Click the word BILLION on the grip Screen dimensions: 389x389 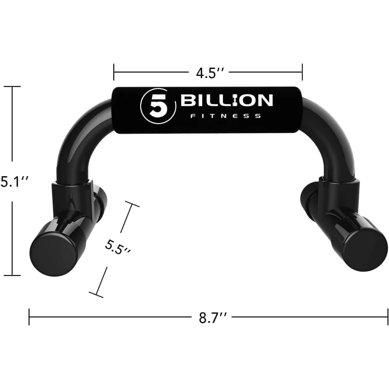(x=226, y=101)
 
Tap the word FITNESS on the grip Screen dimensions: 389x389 (x=225, y=116)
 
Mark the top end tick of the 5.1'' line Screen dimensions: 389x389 (x=13, y=87)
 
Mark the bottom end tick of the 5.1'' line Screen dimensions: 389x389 (x=13, y=275)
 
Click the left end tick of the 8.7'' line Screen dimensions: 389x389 (x=30, y=317)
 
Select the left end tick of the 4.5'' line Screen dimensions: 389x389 (x=114, y=72)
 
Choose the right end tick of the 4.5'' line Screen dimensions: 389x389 (x=302, y=72)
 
